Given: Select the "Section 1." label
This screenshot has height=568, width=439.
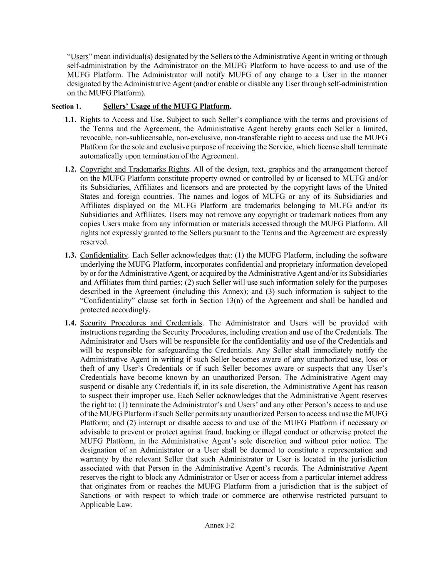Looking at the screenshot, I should pyautogui.click(x=66, y=107).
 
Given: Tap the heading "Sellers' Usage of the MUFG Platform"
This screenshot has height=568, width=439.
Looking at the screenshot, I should pyautogui.click(x=166, y=106).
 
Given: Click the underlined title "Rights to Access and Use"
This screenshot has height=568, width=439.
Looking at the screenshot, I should pyautogui.click(x=121, y=120).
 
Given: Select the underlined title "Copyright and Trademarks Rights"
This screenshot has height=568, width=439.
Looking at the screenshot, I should pyautogui.click(x=134, y=169).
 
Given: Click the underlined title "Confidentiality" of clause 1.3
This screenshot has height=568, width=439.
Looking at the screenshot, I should pyautogui.click(x=104, y=255).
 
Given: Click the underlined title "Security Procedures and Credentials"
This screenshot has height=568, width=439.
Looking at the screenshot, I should pyautogui.click(x=141, y=323).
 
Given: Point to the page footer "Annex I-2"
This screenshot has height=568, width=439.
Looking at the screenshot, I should pyautogui.click(x=219, y=525).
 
